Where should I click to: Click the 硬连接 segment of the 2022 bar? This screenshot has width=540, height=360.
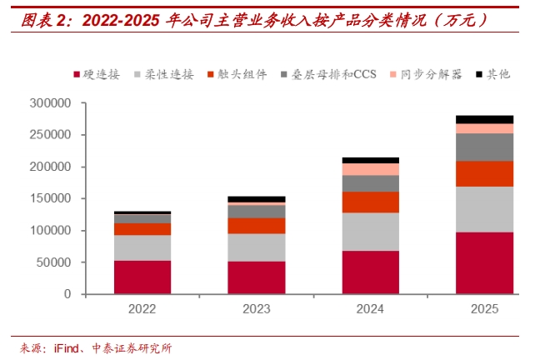pos(142,277)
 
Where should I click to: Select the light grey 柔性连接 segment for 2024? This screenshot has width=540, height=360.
pos(371,232)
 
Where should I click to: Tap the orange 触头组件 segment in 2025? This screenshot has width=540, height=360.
pos(484,174)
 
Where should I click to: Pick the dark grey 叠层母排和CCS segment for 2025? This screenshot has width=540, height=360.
pos(484,147)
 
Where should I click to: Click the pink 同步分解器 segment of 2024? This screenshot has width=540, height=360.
pos(371,169)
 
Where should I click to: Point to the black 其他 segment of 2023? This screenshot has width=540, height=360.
pos(257,199)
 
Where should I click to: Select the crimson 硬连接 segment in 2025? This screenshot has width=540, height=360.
pos(484,263)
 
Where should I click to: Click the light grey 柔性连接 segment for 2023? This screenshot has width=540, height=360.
pos(257,247)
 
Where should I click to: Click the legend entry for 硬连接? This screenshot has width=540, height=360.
pos(97,74)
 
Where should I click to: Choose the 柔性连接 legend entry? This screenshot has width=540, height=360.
pos(164,74)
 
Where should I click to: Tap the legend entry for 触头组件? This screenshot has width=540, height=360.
pos(237,74)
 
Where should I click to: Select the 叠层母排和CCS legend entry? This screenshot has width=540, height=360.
pos(328,74)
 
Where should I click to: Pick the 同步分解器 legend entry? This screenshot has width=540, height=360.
pos(427,74)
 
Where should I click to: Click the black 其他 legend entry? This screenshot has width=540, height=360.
pos(493,74)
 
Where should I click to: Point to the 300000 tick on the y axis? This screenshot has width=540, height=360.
pos(50,103)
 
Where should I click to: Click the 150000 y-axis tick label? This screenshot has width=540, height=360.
pos(50,198)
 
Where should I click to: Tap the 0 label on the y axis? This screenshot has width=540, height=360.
pos(67,294)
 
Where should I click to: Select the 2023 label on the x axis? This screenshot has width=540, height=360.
pos(257,309)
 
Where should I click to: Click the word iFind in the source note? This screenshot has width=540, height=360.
pos(67,348)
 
